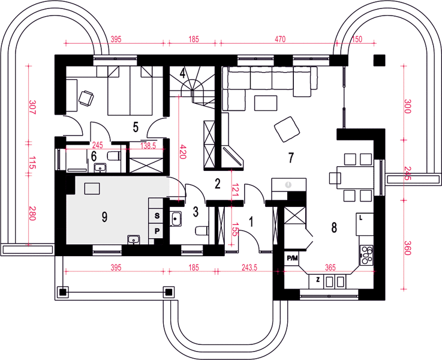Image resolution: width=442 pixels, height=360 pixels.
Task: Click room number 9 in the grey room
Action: pyautogui.click(x=104, y=217)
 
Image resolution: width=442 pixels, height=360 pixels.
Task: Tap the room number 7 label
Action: pyautogui.click(x=291, y=158)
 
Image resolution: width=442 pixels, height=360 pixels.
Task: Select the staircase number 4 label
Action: pyautogui.click(x=183, y=74)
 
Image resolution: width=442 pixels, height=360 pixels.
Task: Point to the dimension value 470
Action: pyautogui.click(x=280, y=39)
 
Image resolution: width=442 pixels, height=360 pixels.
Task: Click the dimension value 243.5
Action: pyautogui.click(x=249, y=267)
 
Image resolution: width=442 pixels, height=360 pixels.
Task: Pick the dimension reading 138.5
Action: pyautogui.click(x=148, y=146)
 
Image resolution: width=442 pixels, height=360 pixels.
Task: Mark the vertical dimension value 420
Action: pyautogui.click(x=183, y=152)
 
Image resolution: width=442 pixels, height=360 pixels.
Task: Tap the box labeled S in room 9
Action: pyautogui.click(x=157, y=216)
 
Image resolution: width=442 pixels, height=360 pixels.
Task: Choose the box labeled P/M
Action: pyautogui.click(x=291, y=258)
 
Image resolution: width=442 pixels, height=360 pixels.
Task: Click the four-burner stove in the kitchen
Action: pyautogui.click(x=366, y=255)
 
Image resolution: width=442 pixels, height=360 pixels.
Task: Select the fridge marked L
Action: pyautogui.click(x=365, y=224)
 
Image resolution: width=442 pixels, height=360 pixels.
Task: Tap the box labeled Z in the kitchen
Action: pyautogui.click(x=318, y=281)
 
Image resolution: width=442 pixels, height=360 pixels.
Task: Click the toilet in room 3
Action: pyautogui.click(x=202, y=230)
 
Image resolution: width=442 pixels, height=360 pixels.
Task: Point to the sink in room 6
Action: pyautogui.click(x=100, y=167)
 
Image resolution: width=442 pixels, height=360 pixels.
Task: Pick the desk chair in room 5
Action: pyautogui.click(x=86, y=98)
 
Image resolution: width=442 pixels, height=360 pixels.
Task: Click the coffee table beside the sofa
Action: pyautogui.click(x=266, y=103)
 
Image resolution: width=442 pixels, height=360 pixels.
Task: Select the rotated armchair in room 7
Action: pyautogui.click(x=287, y=130)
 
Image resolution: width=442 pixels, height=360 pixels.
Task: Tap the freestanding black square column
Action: pyautogui.click(x=380, y=60)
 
